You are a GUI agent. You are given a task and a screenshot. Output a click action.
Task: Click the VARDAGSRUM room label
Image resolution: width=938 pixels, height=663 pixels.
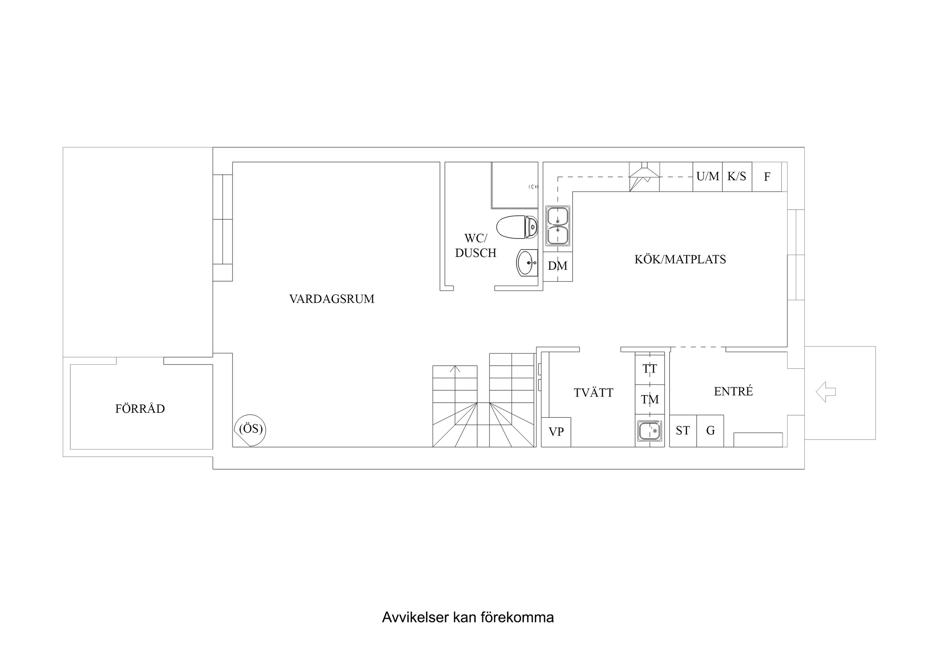click(332, 299)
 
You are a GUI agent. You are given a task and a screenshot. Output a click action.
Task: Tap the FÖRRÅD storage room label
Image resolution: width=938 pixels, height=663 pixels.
click(140, 409)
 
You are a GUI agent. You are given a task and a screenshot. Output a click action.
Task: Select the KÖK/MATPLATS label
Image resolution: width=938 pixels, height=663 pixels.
click(680, 259)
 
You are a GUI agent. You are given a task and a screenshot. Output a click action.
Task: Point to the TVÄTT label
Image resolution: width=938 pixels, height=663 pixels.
click(593, 392)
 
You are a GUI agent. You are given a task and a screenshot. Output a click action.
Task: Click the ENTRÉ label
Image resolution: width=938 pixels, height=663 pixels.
click(733, 391)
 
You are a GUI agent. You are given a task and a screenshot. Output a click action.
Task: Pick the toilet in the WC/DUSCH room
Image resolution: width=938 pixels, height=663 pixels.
click(517, 227)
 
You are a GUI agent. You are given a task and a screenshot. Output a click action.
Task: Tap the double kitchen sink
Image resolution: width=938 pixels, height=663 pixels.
click(558, 226)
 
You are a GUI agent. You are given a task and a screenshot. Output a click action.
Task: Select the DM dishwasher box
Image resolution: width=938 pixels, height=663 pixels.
click(558, 266)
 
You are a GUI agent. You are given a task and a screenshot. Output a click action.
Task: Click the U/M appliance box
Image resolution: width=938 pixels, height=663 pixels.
click(708, 177)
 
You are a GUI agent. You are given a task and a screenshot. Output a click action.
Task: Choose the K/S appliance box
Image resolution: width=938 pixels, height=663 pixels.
click(737, 177)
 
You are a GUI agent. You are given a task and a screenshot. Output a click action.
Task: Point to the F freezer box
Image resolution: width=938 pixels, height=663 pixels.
click(767, 177)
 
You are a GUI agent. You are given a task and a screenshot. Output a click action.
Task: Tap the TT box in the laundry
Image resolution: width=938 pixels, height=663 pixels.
click(650, 369)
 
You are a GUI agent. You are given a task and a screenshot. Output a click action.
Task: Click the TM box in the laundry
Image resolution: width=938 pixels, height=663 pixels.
click(650, 400)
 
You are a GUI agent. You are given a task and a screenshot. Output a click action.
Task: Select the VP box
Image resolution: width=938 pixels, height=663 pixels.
click(556, 432)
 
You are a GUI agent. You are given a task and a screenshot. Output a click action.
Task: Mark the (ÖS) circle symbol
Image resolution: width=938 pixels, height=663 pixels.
click(250, 430)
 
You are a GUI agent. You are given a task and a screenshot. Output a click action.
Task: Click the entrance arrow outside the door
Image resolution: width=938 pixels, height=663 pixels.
click(826, 392)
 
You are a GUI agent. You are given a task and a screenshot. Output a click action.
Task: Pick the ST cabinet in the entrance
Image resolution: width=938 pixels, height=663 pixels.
click(683, 431)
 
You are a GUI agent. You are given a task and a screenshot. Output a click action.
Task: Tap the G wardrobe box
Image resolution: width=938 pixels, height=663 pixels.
click(711, 431)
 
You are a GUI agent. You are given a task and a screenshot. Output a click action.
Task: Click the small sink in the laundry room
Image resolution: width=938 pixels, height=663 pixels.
click(650, 431)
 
